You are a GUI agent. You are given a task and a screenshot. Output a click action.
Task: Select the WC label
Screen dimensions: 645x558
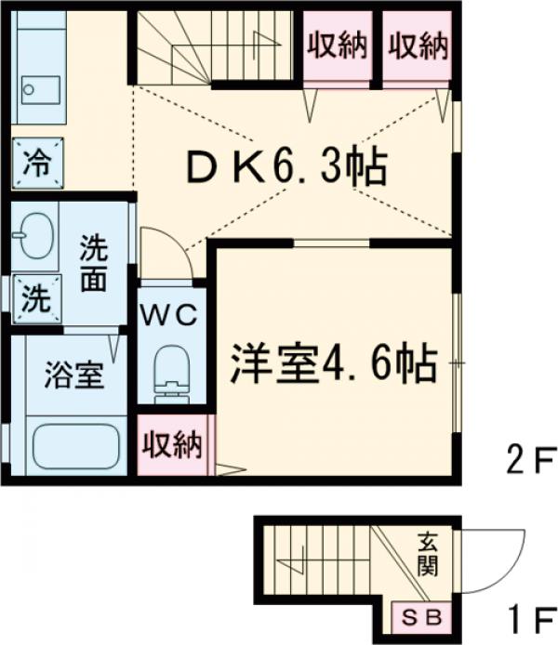168,315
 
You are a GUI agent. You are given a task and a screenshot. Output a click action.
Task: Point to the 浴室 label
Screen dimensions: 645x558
75,378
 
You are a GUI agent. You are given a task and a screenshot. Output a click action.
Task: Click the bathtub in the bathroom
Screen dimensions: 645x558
75,446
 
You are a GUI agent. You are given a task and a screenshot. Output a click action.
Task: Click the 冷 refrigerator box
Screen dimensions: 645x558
37,164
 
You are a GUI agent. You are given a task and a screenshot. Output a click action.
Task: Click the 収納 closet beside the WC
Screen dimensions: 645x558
173,445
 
